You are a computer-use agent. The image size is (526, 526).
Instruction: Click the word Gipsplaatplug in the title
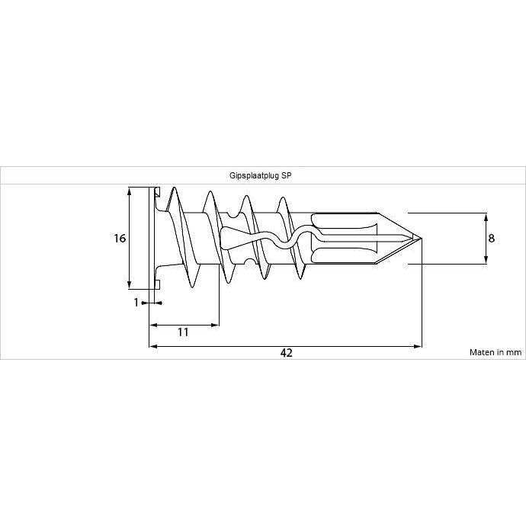click(255, 175)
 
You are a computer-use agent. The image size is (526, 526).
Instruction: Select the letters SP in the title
click(287, 175)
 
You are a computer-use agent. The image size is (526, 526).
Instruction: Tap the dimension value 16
click(119, 238)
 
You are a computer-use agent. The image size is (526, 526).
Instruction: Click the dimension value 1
click(136, 303)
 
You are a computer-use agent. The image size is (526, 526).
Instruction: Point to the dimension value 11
click(183, 332)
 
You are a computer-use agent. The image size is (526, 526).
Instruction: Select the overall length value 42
click(287, 353)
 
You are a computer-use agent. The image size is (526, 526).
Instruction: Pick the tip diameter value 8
click(492, 238)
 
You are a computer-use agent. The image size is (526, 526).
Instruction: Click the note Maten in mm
click(495, 352)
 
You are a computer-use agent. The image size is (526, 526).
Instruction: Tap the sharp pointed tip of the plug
click(420, 238)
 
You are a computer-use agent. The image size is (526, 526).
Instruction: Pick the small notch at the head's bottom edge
click(156, 285)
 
